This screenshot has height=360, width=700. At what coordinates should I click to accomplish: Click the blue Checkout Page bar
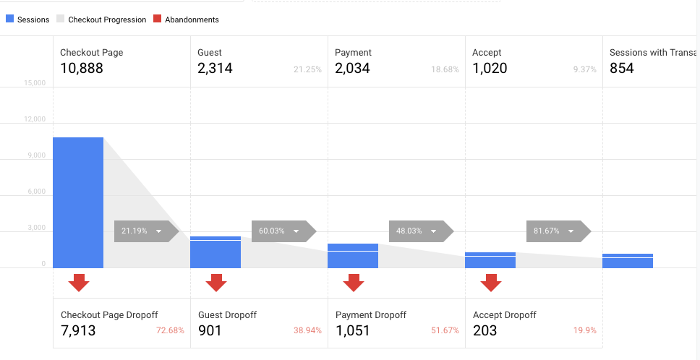coord(78,202)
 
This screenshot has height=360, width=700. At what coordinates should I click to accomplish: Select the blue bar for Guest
coord(215,252)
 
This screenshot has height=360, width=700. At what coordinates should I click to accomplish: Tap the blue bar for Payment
coord(353,256)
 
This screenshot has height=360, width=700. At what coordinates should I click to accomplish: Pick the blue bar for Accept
coord(490,260)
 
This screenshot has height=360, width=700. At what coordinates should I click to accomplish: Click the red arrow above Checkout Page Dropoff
coord(79,282)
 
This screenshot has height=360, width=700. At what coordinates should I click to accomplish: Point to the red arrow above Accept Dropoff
coord(491,282)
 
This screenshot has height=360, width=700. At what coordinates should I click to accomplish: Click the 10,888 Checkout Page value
coord(82,69)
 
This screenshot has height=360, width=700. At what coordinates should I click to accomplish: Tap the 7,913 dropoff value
coord(78,331)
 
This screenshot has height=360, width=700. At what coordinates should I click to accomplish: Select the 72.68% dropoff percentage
coord(171,330)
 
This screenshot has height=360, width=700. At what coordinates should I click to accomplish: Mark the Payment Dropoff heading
coord(371,315)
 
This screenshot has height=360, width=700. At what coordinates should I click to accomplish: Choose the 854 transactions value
coord(622,69)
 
